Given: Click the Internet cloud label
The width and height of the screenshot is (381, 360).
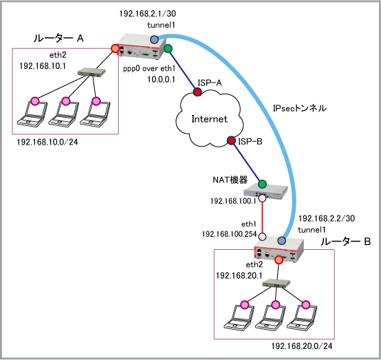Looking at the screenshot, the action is pos(209,119).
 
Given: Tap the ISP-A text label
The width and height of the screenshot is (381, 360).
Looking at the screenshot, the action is pos(210,83).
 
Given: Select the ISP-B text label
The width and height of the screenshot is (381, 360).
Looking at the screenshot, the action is pos(250,141).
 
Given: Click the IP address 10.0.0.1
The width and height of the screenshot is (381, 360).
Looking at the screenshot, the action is pos(161,79).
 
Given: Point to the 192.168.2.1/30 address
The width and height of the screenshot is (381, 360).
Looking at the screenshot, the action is pos(147,14).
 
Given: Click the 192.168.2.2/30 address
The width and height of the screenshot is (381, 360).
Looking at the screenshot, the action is pos(327,218).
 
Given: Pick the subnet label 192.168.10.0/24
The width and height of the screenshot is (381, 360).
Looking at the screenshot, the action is pos(47,142).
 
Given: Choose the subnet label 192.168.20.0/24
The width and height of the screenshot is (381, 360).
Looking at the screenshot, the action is pos(301,346).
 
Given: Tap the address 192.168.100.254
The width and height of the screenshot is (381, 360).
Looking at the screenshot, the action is pos(229,234).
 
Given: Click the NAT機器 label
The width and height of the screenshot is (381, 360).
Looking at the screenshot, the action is pos(230,180).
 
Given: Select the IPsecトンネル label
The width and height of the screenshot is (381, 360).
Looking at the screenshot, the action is pos(300,108).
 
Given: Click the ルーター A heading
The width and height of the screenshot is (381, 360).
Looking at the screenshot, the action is pos(58,38).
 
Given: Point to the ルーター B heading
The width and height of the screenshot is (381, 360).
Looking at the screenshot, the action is pos(345,242).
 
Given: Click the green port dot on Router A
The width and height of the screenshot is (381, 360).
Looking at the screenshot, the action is pos(168,49).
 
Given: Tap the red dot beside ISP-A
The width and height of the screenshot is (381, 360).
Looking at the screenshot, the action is pos(197,92).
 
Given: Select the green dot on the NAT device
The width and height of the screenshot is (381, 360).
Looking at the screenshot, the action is pos(262,184).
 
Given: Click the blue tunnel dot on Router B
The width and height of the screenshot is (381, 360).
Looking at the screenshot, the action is pos(281,240).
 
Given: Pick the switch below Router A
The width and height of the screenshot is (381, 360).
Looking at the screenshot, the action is pos(91,72).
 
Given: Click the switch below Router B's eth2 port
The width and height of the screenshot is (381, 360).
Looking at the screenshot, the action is pos(276,284).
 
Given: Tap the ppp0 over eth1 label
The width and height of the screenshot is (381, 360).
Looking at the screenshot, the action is pos(149,69).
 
